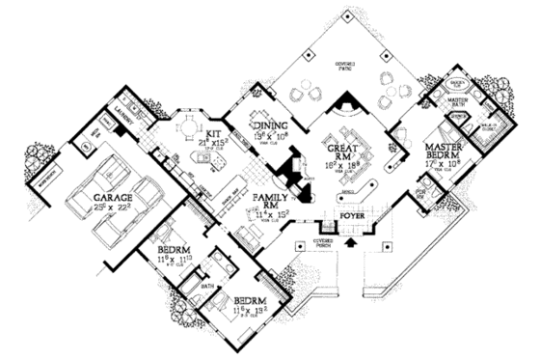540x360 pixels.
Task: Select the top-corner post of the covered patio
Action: point(345,13)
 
